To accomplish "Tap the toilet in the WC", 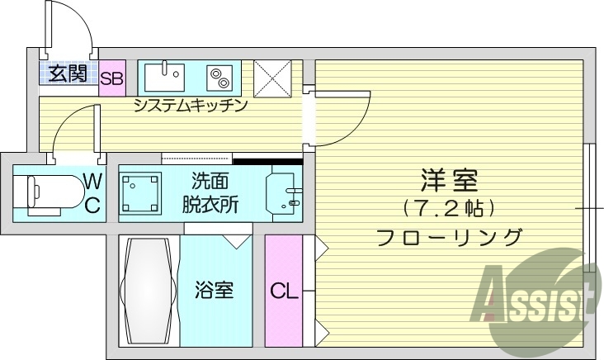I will pyautogui.click(x=50, y=193).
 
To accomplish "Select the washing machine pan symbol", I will pyautogui.click(x=142, y=192).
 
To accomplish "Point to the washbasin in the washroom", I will pyautogui.click(x=282, y=192).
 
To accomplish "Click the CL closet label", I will pyautogui.click(x=283, y=291).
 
